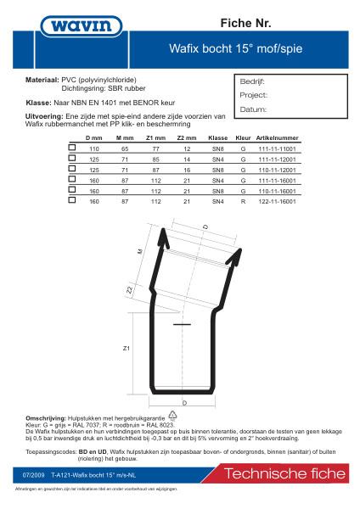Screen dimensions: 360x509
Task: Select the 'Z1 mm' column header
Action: (x=155, y=137)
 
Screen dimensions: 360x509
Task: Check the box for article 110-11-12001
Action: (x=71, y=170)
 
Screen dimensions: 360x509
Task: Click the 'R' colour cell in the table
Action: (x=243, y=202)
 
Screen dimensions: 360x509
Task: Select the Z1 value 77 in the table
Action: (x=155, y=148)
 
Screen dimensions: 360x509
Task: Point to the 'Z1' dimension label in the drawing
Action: (x=126, y=348)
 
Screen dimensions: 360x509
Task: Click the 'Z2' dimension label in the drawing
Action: (x=129, y=291)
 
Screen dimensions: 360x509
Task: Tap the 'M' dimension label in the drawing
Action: (x=139, y=253)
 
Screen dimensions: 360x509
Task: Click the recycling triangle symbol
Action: (x=173, y=416)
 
